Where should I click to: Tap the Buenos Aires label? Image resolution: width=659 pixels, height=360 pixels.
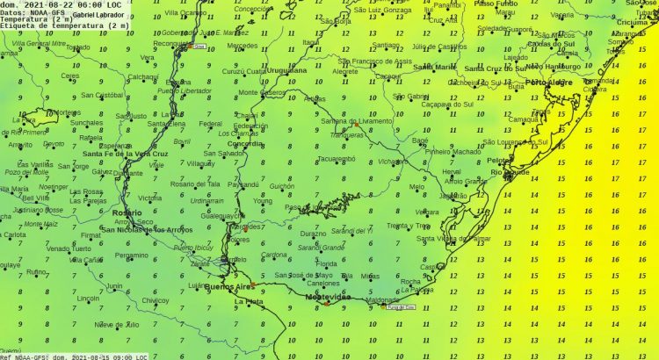228,286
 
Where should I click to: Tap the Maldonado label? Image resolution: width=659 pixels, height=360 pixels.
382,299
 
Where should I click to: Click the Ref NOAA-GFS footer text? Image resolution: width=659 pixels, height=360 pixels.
24,356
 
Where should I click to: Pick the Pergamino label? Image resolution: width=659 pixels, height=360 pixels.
132,255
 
